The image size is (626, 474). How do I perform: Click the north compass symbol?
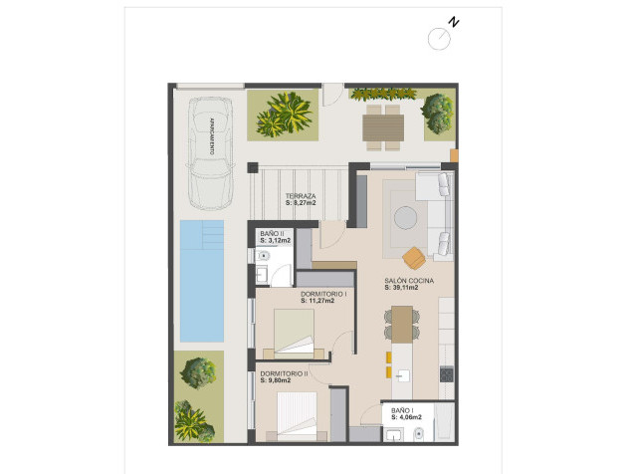[439, 37]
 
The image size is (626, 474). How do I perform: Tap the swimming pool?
[202, 282]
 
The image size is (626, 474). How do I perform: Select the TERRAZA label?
[300, 196]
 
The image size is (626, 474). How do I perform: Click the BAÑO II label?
[272, 234]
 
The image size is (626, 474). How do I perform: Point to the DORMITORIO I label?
[323, 295]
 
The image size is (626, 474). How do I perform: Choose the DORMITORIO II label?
[284, 372]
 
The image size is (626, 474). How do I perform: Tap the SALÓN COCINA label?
[409, 282]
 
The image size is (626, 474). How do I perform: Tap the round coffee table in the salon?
[406, 216]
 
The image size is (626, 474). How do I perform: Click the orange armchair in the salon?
[415, 258]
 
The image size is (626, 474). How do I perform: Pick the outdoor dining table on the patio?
[382, 127]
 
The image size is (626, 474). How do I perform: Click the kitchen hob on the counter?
[447, 375]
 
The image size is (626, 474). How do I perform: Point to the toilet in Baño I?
[419, 434]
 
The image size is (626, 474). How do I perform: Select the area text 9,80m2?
[278, 380]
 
